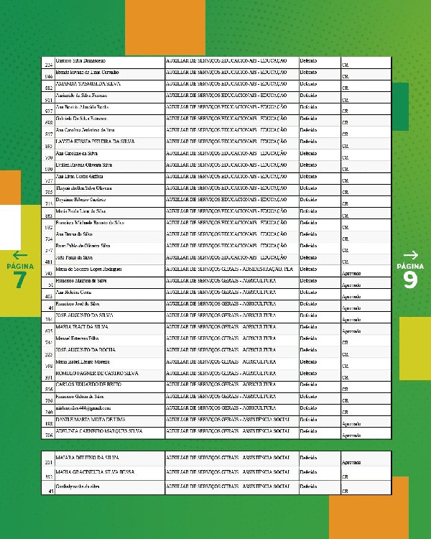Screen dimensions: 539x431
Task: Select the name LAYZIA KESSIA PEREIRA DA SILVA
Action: tap(95, 141)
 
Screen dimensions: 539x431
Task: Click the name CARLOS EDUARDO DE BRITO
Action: tap(88, 384)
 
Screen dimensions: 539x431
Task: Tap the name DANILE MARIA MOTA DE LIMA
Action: tap(91, 418)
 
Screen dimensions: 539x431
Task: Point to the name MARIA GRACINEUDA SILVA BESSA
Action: tap(91, 472)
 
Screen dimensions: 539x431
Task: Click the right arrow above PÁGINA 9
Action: tap(410, 255)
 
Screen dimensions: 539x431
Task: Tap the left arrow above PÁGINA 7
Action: tap(20, 255)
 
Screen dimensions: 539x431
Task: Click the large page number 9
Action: tap(410, 280)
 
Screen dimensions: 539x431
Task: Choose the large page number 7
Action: tap(20, 280)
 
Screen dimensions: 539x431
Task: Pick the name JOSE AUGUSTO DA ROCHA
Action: tap(87, 349)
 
